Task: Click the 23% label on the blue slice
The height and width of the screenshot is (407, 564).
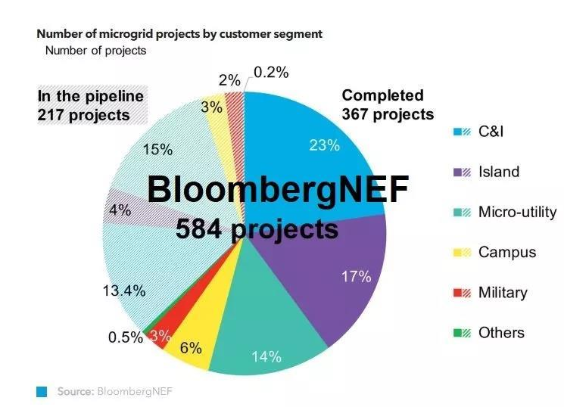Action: (324, 145)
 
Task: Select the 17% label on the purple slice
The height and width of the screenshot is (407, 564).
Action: (356, 276)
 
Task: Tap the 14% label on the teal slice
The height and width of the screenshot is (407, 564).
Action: (266, 356)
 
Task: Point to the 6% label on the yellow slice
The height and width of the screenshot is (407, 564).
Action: (191, 348)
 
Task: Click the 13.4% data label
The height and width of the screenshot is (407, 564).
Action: (123, 290)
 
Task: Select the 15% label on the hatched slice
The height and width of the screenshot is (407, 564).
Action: (157, 149)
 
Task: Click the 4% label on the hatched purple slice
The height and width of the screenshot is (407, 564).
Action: (120, 210)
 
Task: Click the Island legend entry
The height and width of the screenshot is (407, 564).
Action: (499, 172)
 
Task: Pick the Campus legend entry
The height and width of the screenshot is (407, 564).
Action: (506, 252)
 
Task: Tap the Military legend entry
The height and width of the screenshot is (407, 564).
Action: (503, 292)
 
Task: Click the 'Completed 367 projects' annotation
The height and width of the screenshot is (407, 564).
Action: (388, 105)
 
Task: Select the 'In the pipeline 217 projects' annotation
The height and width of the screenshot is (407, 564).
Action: (90, 105)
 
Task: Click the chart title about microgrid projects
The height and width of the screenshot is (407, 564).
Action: (180, 34)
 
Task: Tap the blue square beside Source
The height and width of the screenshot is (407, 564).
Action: (42, 391)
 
